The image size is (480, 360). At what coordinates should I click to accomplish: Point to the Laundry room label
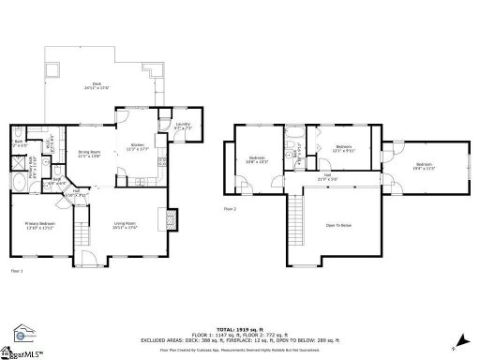click(182, 126)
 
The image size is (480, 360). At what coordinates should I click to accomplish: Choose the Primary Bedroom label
click(39, 225)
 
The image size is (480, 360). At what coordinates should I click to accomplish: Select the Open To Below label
click(338, 225)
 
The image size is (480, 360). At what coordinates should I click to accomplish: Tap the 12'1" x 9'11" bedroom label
click(344, 147)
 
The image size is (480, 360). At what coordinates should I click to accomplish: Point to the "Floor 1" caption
click(16, 271)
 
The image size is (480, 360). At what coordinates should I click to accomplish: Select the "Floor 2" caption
click(230, 208)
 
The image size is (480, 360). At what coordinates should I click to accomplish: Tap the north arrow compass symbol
click(458, 340)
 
